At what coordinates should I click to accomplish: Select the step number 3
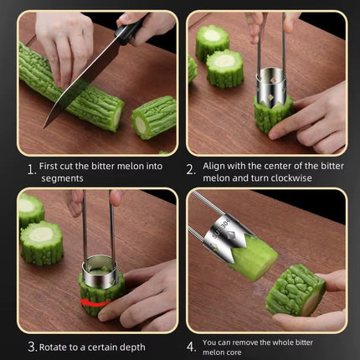point(31,347)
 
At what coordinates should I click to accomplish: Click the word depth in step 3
point(131,347)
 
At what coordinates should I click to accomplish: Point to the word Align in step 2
point(216,166)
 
